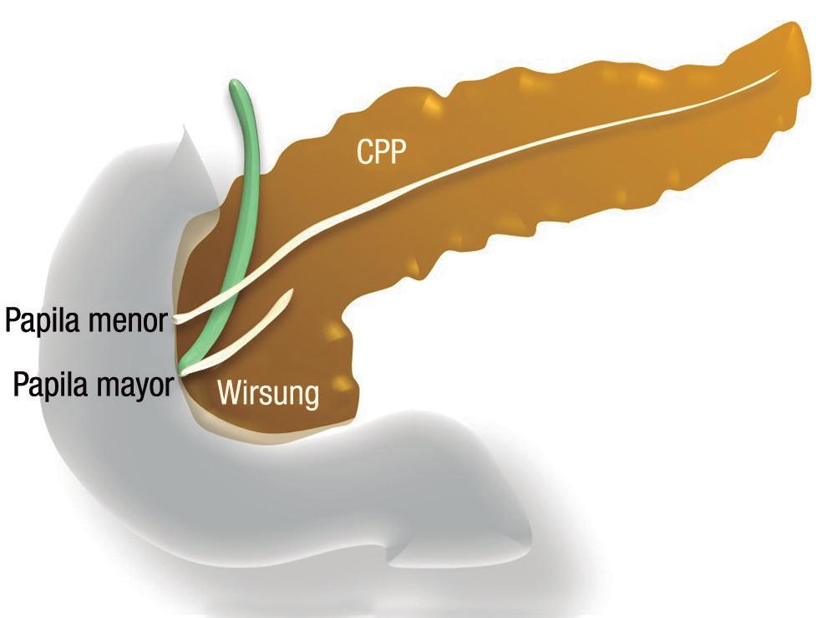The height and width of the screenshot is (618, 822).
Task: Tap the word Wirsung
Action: (268, 392)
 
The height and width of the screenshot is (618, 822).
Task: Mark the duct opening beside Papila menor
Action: (178, 318)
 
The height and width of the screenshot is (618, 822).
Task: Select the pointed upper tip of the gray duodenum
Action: (182, 127)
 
